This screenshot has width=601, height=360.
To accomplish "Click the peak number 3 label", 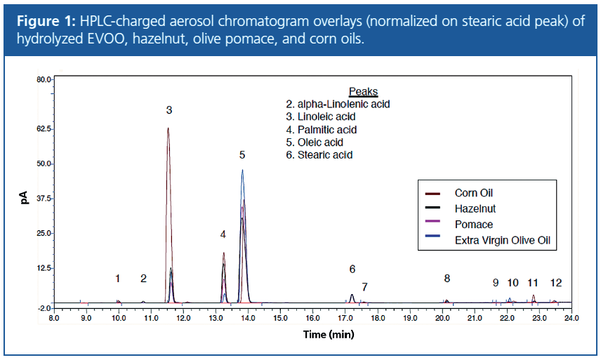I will pos(169,110).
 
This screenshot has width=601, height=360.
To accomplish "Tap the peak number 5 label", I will pos(242,154).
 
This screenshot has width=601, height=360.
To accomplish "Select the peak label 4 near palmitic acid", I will pos(223,234).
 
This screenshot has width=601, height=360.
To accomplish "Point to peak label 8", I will pos(447,279).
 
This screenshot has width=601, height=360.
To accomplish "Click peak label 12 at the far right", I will pos(556,283).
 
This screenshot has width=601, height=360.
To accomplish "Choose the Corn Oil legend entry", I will pos(474,193).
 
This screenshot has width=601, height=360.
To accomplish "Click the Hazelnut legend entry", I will pos(475,208).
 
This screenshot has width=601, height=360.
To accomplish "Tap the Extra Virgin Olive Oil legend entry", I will pos(501,241).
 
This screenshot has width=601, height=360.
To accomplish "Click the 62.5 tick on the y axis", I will pos(43,129).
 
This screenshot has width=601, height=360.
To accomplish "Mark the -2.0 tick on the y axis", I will pos(44,308).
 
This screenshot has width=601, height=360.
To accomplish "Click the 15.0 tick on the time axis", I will pos(279,318).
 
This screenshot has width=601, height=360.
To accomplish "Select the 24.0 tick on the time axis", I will pos(571,318).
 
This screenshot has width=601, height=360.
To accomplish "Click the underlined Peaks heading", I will pos(363,92).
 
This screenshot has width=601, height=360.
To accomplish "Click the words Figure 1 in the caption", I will pos(44,22).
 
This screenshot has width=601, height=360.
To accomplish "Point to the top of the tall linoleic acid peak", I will pos(168,128).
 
